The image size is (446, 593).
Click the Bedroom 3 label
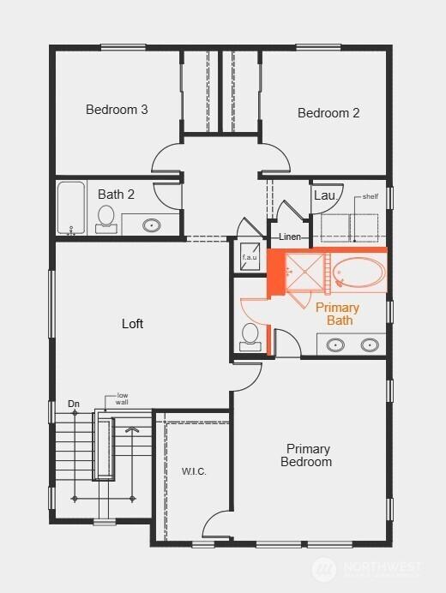coord(117,110)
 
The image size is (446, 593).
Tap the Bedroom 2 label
coord(328,113)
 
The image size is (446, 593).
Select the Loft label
coord(132,324)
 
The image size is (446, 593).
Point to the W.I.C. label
coord(194,472)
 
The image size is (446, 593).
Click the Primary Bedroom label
coord(309,455)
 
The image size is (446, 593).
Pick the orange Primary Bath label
coord(338,314)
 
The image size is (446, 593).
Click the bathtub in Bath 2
coord(71,208)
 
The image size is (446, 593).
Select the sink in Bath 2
coord(151,226)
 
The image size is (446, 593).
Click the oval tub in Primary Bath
coord(359,273)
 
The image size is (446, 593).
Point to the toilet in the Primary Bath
coord(251,336)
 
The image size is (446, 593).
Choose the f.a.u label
coord(250,257)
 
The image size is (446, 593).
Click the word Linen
coord(289,237)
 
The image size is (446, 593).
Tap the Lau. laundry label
coord(324,195)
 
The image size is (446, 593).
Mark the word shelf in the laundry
coord(371,196)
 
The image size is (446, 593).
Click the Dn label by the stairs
coord(74,403)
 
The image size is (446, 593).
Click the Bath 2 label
coord(116,195)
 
